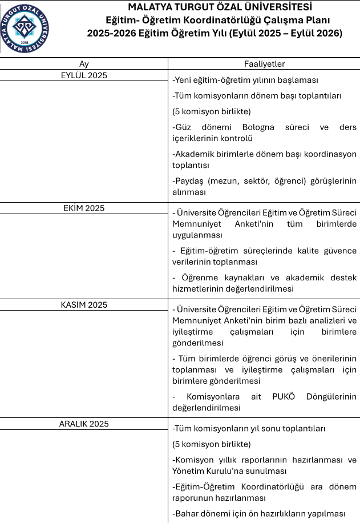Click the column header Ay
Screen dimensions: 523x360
(84, 64)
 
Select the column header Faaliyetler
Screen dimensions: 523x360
(264, 64)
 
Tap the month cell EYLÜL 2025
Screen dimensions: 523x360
(84, 75)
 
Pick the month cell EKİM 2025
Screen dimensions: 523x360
(84, 208)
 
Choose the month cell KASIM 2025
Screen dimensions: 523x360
(84, 305)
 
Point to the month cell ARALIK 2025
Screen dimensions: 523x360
(84, 424)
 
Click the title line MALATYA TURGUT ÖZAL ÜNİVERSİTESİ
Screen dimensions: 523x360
(220, 7)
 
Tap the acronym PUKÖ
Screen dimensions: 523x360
(284, 397)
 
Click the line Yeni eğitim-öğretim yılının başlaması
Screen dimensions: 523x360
(245, 81)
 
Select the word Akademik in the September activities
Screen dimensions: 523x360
(193, 154)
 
